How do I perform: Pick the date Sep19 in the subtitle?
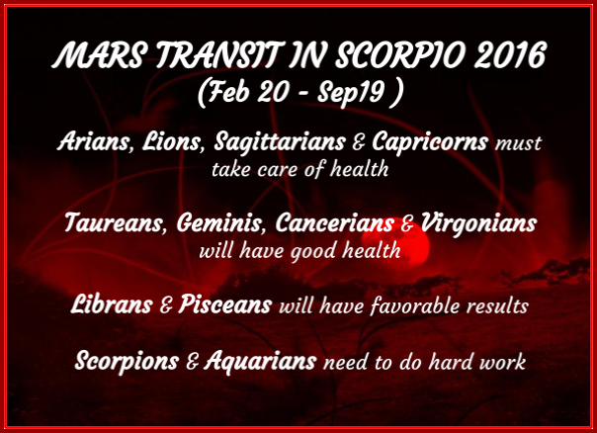(351, 93)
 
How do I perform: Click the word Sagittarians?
(280, 142)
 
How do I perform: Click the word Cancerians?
(335, 222)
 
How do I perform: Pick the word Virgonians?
(478, 223)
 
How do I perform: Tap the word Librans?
(112, 303)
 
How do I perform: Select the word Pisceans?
(225, 303)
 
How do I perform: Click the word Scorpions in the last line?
(127, 361)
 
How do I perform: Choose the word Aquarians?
(260, 361)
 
